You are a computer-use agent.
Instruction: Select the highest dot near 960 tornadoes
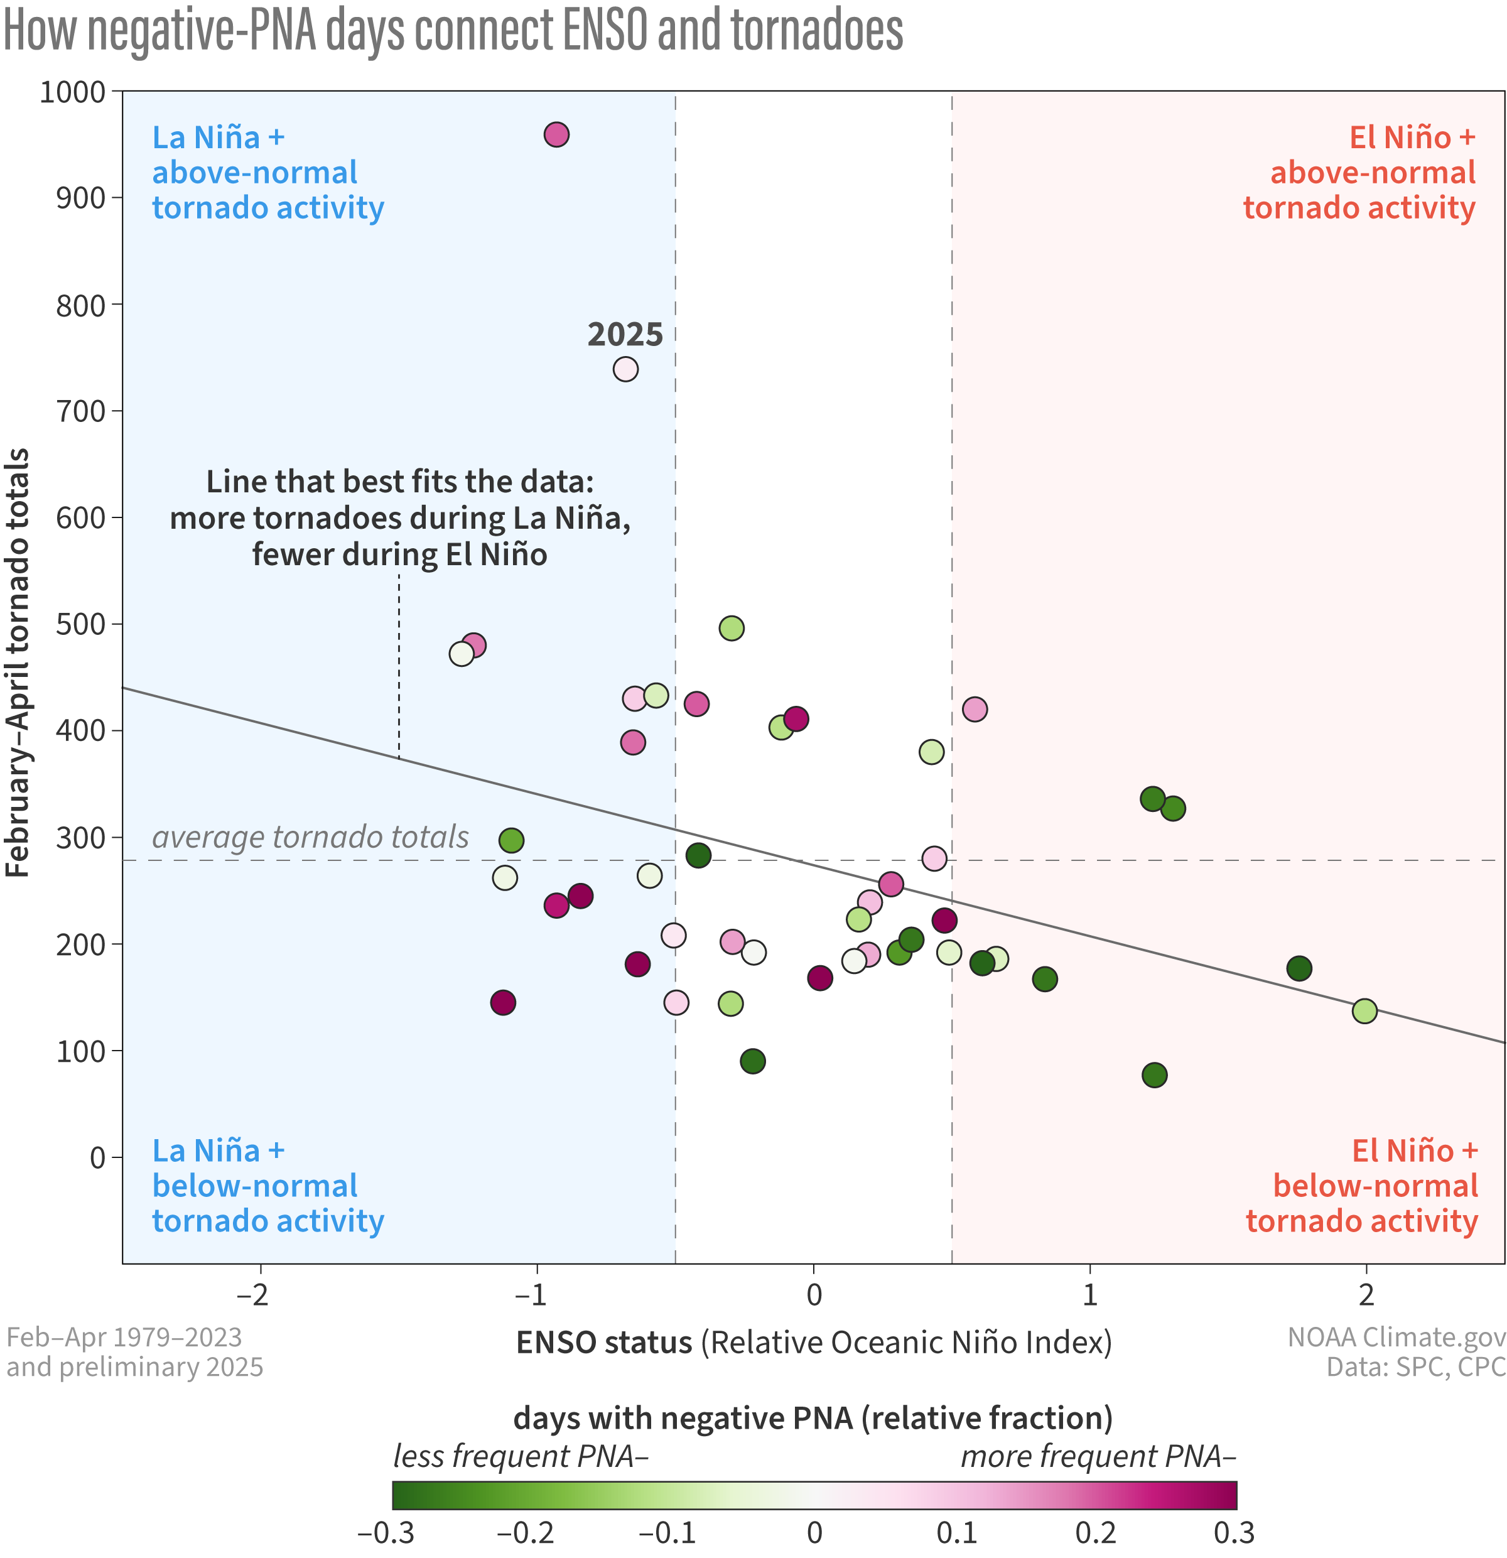coord(556,135)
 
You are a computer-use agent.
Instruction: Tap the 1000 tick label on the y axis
coord(72,92)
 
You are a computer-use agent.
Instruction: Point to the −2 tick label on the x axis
coord(254,1295)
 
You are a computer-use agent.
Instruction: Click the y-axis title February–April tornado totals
coord(18,663)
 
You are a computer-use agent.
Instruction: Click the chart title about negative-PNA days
coord(453,30)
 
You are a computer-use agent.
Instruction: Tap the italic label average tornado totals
coord(310,837)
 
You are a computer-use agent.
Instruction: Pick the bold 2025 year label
coord(625,335)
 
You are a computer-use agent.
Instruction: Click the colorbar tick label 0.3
coord(1234,1532)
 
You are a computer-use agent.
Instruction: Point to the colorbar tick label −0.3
coord(386,1532)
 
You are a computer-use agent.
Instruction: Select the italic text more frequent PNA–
coord(1098,1456)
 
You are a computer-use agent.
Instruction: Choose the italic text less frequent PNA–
coord(521,1456)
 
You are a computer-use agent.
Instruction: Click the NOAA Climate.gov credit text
coord(1396,1337)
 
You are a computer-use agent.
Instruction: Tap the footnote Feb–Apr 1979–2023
coord(124,1337)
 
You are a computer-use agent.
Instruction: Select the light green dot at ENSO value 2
coord(1364,1012)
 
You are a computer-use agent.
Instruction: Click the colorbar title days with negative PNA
coord(813,1418)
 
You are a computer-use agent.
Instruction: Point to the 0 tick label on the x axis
coord(813,1295)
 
